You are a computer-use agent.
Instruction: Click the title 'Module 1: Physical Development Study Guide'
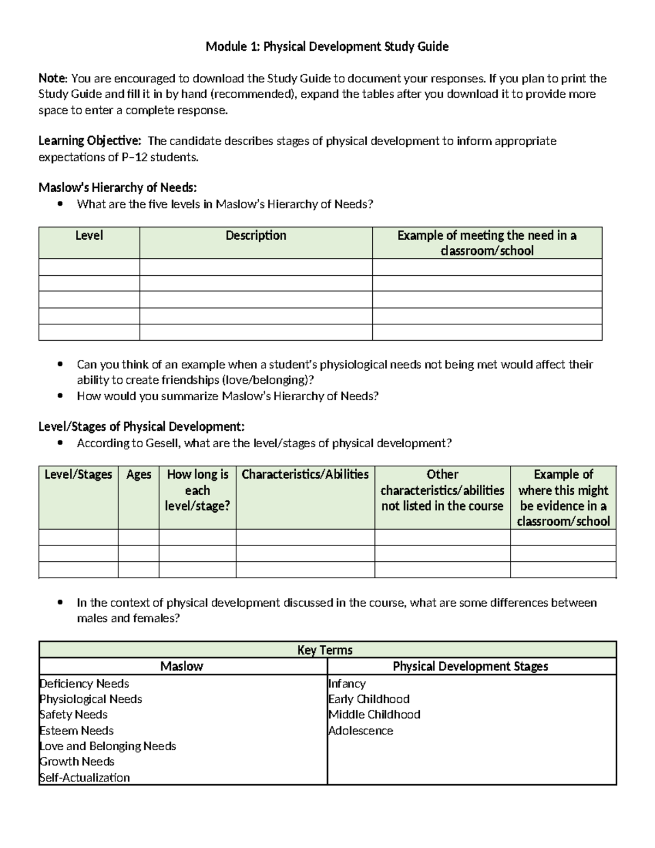pyautogui.click(x=327, y=47)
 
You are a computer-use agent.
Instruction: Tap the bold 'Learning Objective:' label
pyautogui.click(x=90, y=141)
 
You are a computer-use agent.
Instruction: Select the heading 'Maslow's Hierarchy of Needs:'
pyautogui.click(x=117, y=188)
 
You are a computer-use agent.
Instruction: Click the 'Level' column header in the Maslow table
pyautogui.click(x=89, y=236)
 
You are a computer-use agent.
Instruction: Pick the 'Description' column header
pyautogui.click(x=256, y=236)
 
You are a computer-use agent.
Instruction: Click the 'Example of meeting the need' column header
pyautogui.click(x=487, y=243)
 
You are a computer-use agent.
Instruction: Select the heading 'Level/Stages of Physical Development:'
pyautogui.click(x=141, y=426)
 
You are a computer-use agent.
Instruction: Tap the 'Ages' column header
pyautogui.click(x=139, y=475)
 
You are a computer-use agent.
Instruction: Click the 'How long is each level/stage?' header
pyautogui.click(x=198, y=490)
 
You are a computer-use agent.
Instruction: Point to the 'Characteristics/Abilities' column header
pyautogui.click(x=305, y=475)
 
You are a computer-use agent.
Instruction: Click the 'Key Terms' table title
pyautogui.click(x=325, y=650)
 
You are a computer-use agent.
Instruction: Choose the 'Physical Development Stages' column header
pyautogui.click(x=471, y=666)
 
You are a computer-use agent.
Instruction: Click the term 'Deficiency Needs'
pyautogui.click(x=84, y=684)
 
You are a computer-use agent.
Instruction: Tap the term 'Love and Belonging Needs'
pyautogui.click(x=108, y=746)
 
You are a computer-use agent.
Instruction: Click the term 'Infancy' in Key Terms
pyautogui.click(x=347, y=684)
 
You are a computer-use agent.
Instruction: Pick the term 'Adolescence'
pyautogui.click(x=360, y=731)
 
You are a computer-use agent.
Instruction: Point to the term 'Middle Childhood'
pyautogui.click(x=374, y=715)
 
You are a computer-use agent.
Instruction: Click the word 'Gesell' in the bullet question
pyautogui.click(x=162, y=443)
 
